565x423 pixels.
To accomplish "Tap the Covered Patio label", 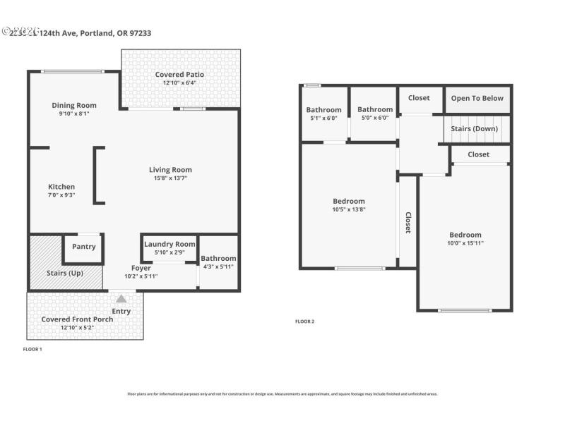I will [x=179, y=75].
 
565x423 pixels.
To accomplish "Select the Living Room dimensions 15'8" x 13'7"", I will [x=170, y=178].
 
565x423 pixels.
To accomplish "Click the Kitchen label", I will [x=61, y=187].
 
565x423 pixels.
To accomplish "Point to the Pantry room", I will [x=83, y=247].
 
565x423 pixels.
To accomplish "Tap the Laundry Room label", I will [x=169, y=244].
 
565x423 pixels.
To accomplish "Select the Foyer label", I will [x=141, y=268].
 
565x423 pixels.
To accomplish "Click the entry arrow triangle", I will [x=121, y=299].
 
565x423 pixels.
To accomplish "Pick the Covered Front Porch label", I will [x=77, y=319].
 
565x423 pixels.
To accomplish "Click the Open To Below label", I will [x=477, y=98].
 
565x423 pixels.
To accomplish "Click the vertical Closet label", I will [x=408, y=223].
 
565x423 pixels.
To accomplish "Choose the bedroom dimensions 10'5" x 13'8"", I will [x=349, y=209].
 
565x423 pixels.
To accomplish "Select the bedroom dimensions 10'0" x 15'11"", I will [x=465, y=243].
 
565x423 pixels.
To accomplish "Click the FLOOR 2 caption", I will [x=304, y=321].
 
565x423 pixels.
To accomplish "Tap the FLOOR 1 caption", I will [x=32, y=349].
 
